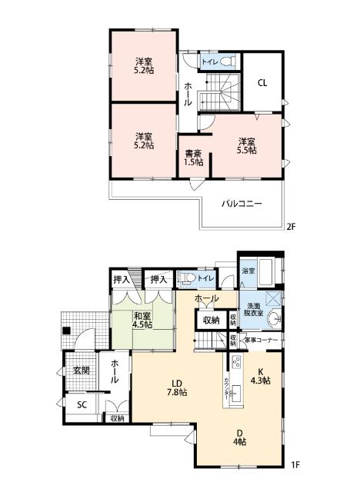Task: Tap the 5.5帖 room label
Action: (x=246, y=145)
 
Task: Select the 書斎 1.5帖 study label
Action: (x=194, y=157)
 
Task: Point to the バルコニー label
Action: (x=242, y=204)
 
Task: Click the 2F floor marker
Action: (x=291, y=226)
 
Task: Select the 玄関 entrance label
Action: (x=82, y=370)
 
